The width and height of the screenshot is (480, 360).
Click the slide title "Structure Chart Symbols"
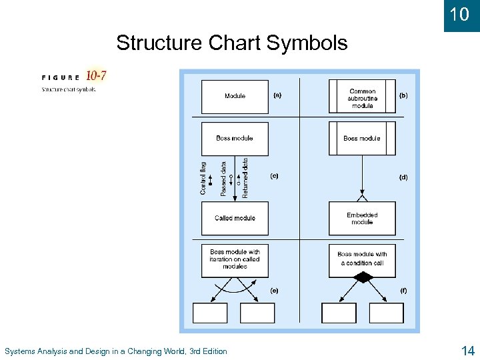[x=231, y=43]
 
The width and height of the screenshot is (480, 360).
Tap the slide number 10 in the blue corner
[x=460, y=14]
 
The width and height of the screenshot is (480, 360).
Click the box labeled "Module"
[x=235, y=96]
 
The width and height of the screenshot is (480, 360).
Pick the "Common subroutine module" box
[x=362, y=98]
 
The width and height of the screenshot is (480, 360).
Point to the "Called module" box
[x=235, y=218]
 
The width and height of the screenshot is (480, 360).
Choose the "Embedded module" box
[x=362, y=219]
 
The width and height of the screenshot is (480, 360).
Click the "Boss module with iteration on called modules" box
[x=235, y=259]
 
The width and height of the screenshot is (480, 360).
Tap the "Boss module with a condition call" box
[x=362, y=259]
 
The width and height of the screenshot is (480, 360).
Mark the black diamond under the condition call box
[x=362, y=277]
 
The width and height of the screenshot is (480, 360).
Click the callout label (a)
[x=277, y=95]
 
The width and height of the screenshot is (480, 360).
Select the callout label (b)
[x=403, y=95]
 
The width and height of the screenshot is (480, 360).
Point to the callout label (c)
[x=274, y=177]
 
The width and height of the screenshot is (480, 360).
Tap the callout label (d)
[x=403, y=177]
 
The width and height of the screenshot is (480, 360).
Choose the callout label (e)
[x=274, y=291]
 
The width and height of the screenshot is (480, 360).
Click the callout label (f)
[x=403, y=291]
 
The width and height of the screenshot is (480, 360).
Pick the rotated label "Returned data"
[x=245, y=177]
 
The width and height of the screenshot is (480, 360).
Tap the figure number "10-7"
[x=96, y=76]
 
